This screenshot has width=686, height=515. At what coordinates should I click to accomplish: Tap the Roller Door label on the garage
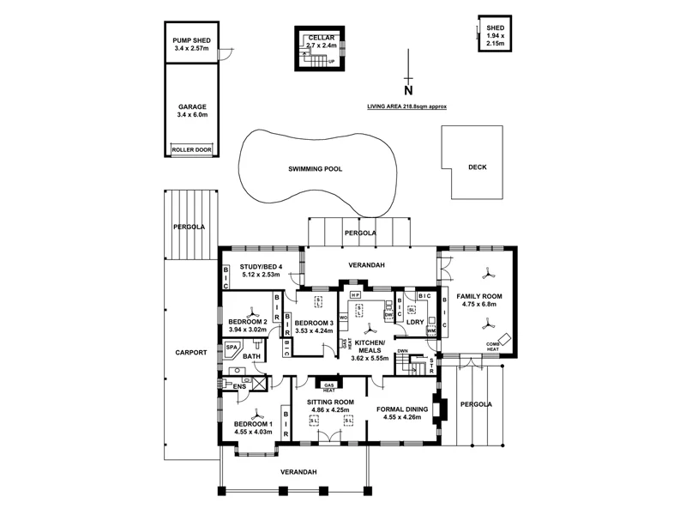tap(191, 149)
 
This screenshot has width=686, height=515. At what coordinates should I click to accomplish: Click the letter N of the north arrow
tap(408, 90)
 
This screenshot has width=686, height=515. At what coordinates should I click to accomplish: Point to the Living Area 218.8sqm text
tap(407, 107)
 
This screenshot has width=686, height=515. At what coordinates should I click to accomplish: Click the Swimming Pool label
tap(315, 169)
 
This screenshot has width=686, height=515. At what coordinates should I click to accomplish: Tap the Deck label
tap(477, 167)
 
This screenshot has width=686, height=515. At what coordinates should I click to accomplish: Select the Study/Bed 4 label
tap(262, 266)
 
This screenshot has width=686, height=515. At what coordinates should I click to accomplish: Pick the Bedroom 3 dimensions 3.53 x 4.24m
tap(314, 331)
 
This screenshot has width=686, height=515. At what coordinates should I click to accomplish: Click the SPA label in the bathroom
tap(231, 348)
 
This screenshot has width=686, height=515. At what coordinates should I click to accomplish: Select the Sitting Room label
tap(330, 402)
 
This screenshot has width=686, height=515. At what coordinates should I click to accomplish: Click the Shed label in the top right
tap(496, 28)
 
